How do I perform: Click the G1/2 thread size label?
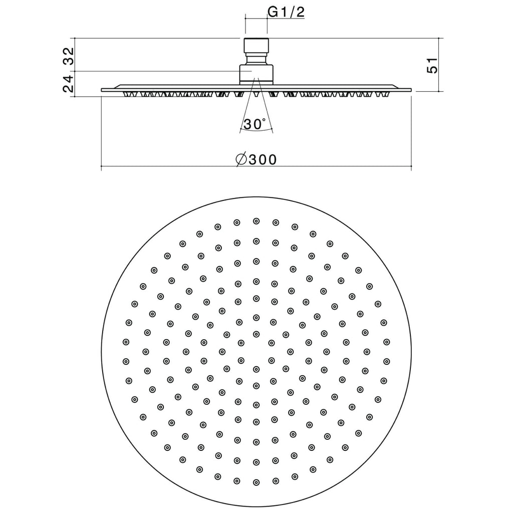point(286,12)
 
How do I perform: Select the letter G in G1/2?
point(274,12)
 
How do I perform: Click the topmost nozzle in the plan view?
point(256,221)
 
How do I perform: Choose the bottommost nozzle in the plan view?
point(256,482)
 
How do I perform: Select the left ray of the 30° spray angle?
point(246,108)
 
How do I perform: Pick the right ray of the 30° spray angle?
point(266,108)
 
